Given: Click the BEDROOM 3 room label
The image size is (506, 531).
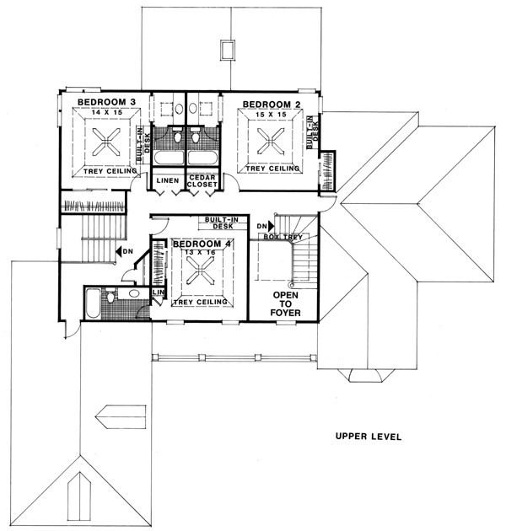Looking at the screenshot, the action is click(106, 102).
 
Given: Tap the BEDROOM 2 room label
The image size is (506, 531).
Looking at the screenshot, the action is click(272, 105).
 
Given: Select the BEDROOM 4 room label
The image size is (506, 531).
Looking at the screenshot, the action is click(202, 244).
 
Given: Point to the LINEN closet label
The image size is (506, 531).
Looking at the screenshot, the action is click(168, 180).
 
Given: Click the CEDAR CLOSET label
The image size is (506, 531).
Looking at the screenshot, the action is click(202, 181).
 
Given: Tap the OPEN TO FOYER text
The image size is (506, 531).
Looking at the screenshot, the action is click(285, 303).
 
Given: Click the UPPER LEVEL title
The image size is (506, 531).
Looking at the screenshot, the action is click(369, 437).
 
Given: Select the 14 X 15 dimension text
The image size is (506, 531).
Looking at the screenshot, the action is click(107, 112).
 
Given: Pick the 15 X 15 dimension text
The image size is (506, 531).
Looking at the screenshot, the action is click(271, 115).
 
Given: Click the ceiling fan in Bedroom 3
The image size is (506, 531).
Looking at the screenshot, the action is click(106, 142).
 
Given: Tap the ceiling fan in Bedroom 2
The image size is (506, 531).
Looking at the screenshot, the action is click(271, 141).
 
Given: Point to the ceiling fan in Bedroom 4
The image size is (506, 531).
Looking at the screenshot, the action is click(202, 270).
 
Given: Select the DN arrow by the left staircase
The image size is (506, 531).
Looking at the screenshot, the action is click(119, 251).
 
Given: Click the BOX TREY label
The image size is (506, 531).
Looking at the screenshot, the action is click(283, 237).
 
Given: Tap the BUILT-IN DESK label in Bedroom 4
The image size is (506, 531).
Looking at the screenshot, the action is click(223, 223).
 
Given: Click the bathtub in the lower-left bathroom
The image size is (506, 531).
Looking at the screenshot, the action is click(93, 303).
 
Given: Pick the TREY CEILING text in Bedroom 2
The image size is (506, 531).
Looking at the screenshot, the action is click(273, 169).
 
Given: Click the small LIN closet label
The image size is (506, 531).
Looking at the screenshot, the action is click(159, 292).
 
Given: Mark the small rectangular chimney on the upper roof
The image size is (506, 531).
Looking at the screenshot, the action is click(227, 51).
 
